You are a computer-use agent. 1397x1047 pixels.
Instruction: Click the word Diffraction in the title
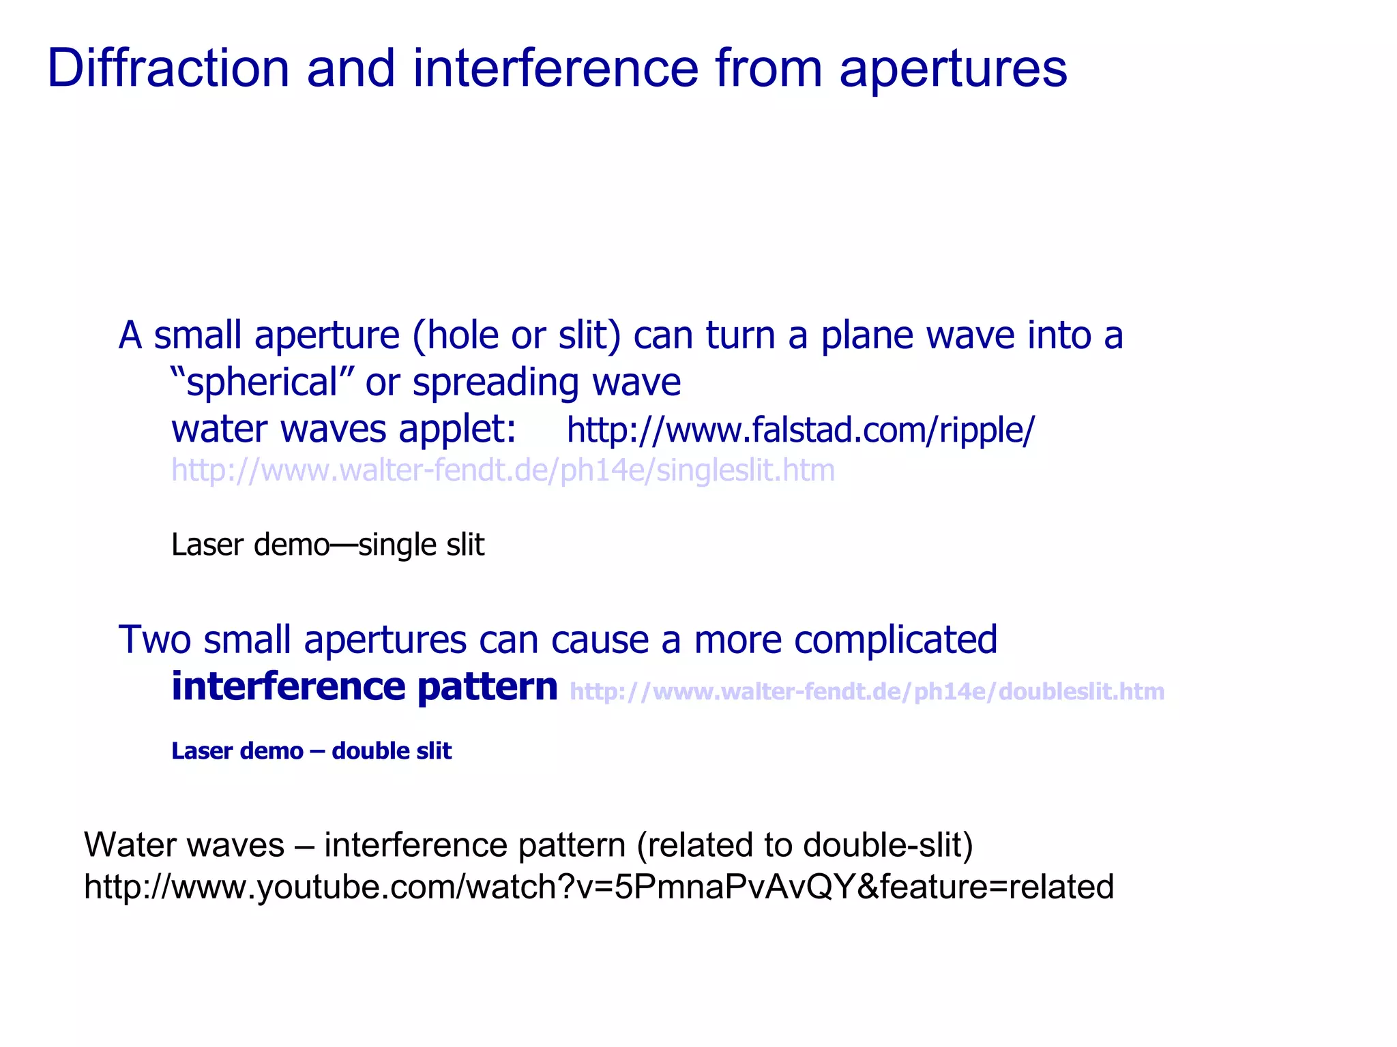(168, 69)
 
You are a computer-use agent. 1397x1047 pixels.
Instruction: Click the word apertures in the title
(952, 70)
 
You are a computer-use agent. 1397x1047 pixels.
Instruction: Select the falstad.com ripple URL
(800, 431)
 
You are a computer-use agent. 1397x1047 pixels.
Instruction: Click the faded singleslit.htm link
(503, 470)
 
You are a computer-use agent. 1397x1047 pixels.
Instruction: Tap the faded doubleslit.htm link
(866, 691)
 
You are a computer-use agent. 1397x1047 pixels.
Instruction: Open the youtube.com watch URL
(598, 887)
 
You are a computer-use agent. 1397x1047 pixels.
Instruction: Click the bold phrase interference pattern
(364, 686)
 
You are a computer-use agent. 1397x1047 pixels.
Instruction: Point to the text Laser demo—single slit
(327, 545)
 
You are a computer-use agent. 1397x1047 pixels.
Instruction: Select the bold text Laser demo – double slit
(311, 750)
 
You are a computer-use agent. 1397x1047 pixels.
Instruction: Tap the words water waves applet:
(343, 429)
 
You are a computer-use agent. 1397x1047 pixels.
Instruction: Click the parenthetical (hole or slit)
(516, 335)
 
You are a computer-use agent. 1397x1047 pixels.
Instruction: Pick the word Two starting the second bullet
(154, 639)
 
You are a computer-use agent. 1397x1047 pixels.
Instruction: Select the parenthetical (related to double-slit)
(804, 845)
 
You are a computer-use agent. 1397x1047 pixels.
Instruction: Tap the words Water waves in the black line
(184, 845)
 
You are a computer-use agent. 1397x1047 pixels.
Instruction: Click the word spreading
(495, 382)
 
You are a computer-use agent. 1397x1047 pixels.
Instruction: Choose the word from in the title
(769, 69)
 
